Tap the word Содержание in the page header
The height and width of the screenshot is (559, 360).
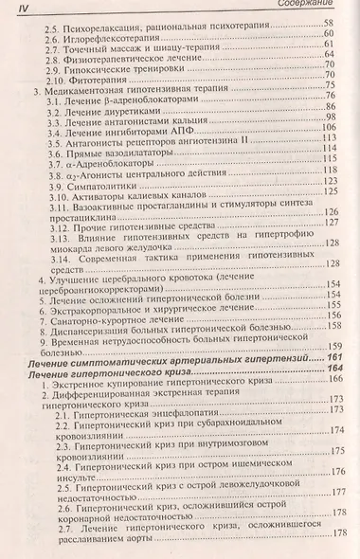(x=317, y=7)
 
